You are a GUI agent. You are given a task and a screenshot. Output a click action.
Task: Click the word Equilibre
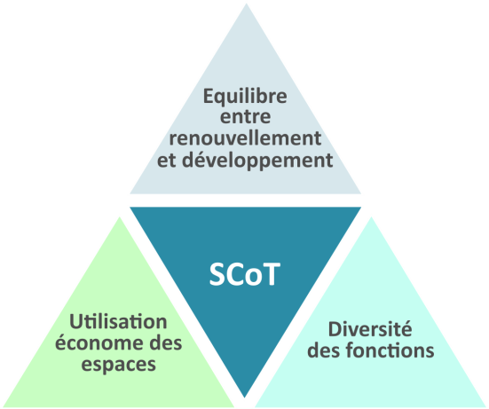coord(245,98)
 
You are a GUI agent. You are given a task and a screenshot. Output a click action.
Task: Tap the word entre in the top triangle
coord(246,117)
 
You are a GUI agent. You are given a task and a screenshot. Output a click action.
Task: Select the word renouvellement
coord(245,138)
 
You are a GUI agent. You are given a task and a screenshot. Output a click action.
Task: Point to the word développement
coord(257,161)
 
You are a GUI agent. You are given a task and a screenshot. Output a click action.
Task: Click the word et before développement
coord(167,161)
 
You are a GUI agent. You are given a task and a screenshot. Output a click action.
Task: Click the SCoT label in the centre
coord(245,274)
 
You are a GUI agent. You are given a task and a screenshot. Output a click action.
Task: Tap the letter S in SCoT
coord(217,274)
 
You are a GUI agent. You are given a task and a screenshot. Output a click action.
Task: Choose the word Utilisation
coord(118,321)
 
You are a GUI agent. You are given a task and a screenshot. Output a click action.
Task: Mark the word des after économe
coord(166,342)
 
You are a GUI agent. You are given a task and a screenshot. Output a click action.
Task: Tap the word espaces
coord(119,365)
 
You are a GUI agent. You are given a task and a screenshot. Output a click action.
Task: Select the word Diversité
coord(370,329)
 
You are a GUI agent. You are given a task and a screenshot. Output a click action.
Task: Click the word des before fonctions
coord(323,350)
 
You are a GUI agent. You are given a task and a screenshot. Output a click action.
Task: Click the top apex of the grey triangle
coord(247,4)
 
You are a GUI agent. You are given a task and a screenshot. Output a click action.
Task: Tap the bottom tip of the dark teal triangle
coord(244,397)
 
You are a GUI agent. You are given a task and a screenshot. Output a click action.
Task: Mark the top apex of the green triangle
coord(120,217)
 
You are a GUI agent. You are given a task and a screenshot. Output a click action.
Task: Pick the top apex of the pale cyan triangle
coord(371,217)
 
